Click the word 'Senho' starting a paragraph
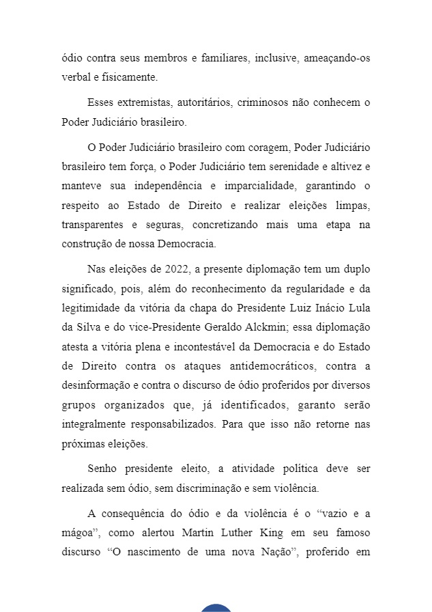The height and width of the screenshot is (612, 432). pyautogui.click(x=102, y=469)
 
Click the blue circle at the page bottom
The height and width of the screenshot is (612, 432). pyautogui.click(x=216, y=608)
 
